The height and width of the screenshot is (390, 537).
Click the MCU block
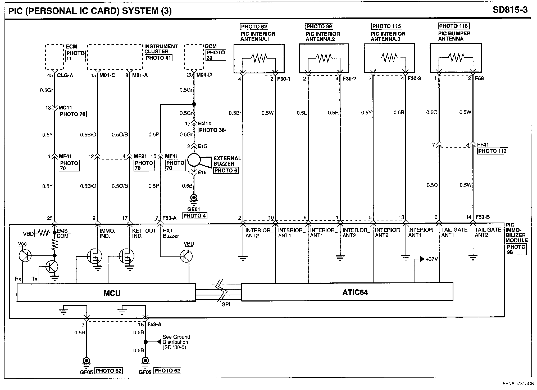(106, 292)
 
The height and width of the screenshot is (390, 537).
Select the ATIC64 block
(347, 292)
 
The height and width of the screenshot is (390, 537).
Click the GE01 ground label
(194, 209)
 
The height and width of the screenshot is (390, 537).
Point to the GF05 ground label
(86, 372)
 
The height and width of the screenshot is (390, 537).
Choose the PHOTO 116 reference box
(453, 26)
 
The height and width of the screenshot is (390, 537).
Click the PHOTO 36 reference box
(212, 130)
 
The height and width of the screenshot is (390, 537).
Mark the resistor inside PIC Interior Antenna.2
(324, 57)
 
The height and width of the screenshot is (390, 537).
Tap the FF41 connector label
(483, 145)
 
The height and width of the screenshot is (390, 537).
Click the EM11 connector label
(204, 123)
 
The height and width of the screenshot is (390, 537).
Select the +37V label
(432, 259)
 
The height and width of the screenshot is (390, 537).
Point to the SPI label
(226, 305)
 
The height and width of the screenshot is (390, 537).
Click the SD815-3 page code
(510, 10)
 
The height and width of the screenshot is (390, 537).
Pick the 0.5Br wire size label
(235, 113)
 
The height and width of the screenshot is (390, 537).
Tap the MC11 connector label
(65, 108)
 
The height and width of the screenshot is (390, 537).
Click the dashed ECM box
(54, 57)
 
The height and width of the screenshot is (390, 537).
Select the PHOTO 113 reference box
(492, 151)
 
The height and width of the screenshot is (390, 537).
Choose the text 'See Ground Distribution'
(176, 339)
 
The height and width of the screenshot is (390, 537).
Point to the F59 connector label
(479, 78)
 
